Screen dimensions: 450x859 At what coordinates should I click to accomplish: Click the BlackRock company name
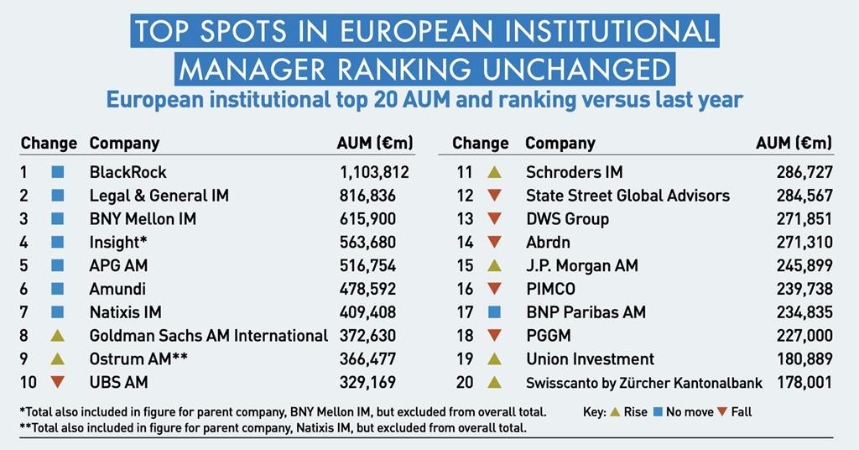pyautogui.click(x=128, y=172)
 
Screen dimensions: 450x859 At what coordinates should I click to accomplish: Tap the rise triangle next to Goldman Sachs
pyautogui.click(x=58, y=336)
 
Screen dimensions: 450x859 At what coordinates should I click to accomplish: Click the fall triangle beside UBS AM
pyautogui.click(x=58, y=383)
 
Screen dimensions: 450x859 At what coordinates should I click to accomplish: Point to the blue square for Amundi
pyautogui.click(x=58, y=289)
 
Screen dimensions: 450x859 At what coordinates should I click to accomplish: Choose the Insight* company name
pyautogui.click(x=118, y=243)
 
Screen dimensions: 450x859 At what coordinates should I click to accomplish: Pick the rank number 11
pyautogui.click(x=465, y=172)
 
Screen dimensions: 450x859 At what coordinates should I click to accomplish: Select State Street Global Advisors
pyautogui.click(x=627, y=196)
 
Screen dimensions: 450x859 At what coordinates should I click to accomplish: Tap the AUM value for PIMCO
pyautogui.click(x=804, y=289)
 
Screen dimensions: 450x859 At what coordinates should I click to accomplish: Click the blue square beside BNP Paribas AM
pyautogui.click(x=494, y=312)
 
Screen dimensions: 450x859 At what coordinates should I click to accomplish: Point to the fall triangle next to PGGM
pyautogui.click(x=494, y=336)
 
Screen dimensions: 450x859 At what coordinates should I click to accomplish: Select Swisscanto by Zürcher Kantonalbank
pyautogui.click(x=643, y=383)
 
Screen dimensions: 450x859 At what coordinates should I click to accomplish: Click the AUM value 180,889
pyautogui.click(x=804, y=359)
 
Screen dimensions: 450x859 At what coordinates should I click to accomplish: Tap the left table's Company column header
pyautogui.click(x=124, y=143)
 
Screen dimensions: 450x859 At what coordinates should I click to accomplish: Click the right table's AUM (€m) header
pyautogui.click(x=794, y=143)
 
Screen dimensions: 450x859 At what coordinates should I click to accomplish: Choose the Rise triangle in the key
pyautogui.click(x=615, y=412)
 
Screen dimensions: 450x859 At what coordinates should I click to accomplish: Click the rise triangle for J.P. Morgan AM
pyautogui.click(x=494, y=266)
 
